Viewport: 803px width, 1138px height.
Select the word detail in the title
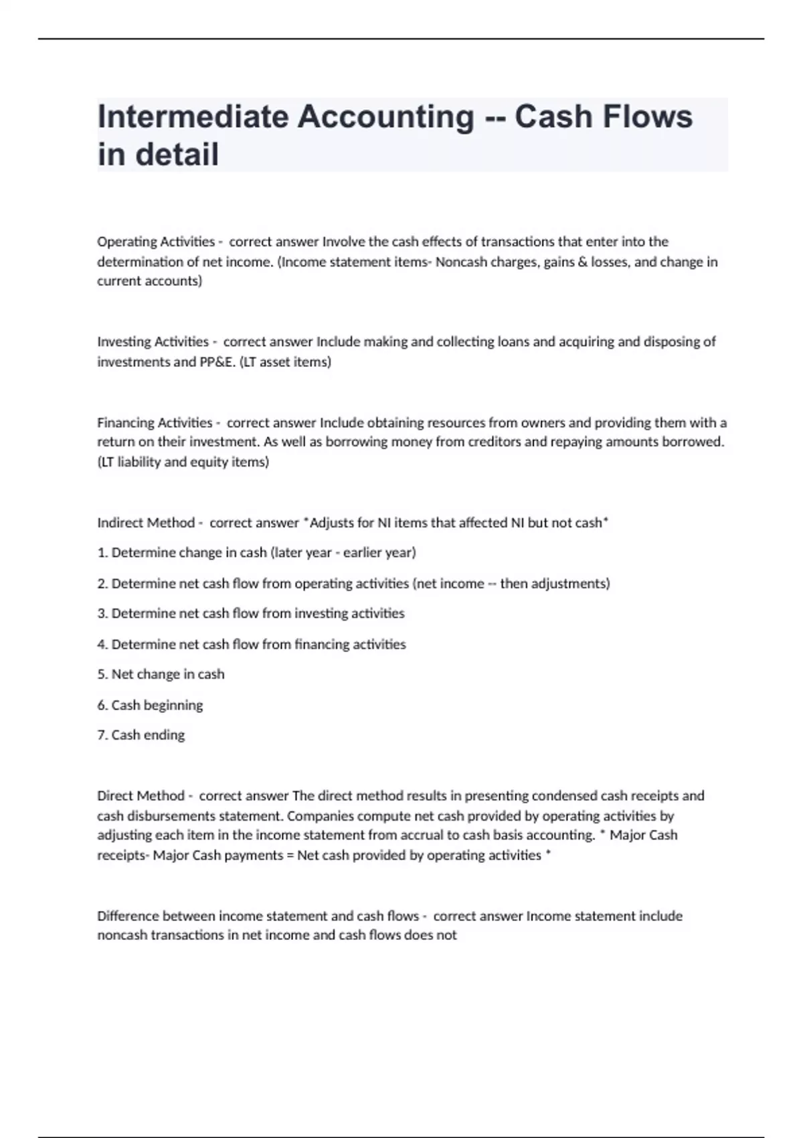179,155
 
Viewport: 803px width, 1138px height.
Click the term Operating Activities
155,242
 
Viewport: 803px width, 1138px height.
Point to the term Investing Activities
153,342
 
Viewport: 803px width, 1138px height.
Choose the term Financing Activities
155,423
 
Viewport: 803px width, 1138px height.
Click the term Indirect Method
146,523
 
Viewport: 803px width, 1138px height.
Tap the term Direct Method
141,796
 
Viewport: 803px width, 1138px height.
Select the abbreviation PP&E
215,362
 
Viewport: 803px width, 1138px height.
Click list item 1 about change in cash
256,553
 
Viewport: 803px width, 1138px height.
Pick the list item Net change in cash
161,674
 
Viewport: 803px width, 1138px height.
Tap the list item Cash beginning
150,705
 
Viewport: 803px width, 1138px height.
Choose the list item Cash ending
141,735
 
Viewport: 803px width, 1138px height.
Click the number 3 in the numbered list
102,614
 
